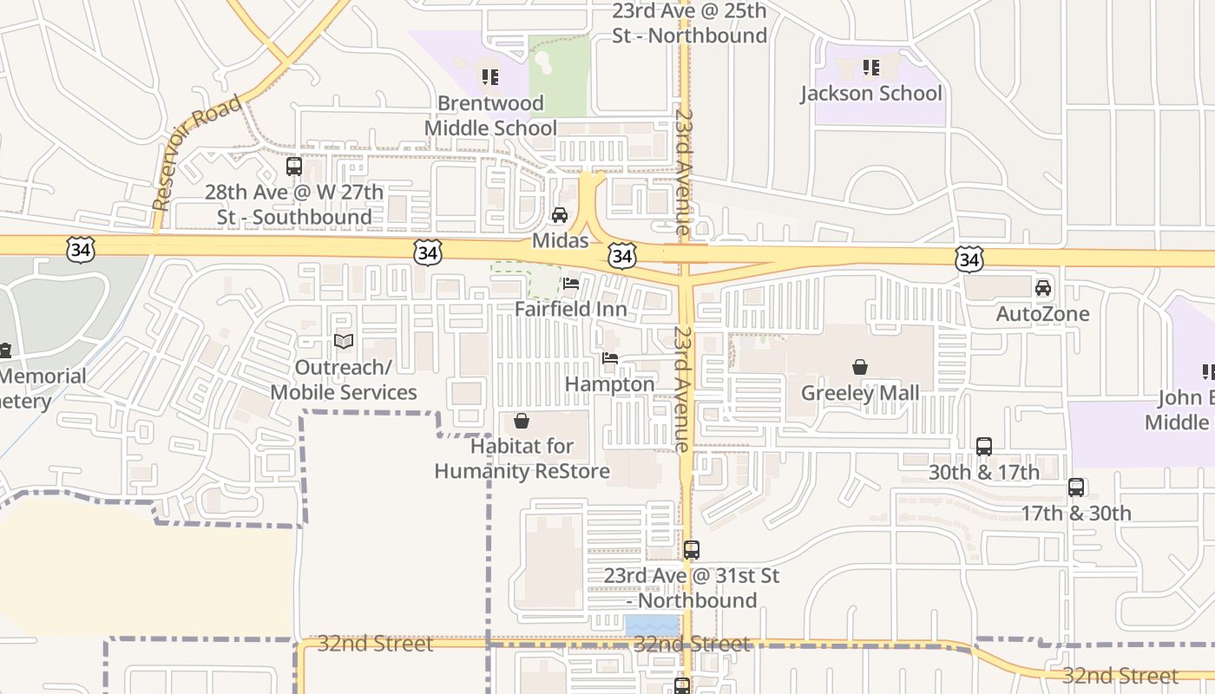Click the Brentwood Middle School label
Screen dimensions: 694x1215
[490, 115]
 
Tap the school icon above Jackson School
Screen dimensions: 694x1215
[871, 67]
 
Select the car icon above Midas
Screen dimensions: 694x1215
[560, 215]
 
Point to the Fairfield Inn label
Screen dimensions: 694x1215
[570, 309]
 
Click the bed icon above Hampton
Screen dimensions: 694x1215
[610, 358]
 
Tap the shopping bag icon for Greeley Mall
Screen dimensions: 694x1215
[860, 367]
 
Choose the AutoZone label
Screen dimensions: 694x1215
[1042, 313]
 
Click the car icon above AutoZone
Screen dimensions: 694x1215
[1043, 288]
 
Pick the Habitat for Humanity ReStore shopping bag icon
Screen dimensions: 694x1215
[522, 422]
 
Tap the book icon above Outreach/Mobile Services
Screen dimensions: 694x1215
[344, 342]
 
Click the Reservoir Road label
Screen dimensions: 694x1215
[196, 154]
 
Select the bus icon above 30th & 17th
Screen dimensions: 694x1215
[984, 447]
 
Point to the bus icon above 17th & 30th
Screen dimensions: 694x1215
[1076, 488]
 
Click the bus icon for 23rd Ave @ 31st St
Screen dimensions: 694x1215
[691, 550]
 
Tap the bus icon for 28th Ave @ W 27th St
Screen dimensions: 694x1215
[294, 167]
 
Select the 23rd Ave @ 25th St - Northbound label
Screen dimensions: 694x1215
[689, 23]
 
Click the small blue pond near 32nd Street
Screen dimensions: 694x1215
[652, 625]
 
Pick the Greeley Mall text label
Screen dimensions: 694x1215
[859, 393]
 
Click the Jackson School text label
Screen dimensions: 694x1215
[871, 93]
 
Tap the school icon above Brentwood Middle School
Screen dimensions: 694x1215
[490, 77]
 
